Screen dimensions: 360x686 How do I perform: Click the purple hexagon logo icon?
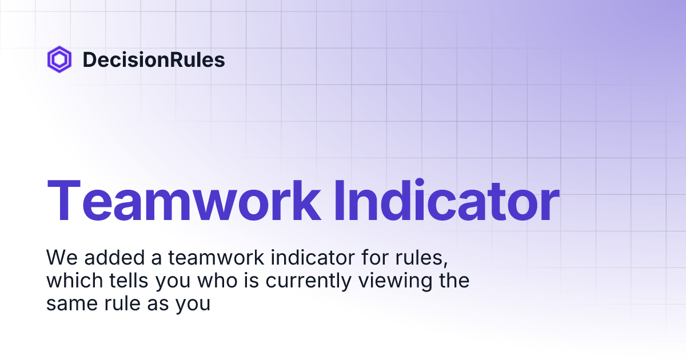[x=59, y=59]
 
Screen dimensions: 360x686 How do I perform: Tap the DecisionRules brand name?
[x=154, y=59]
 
